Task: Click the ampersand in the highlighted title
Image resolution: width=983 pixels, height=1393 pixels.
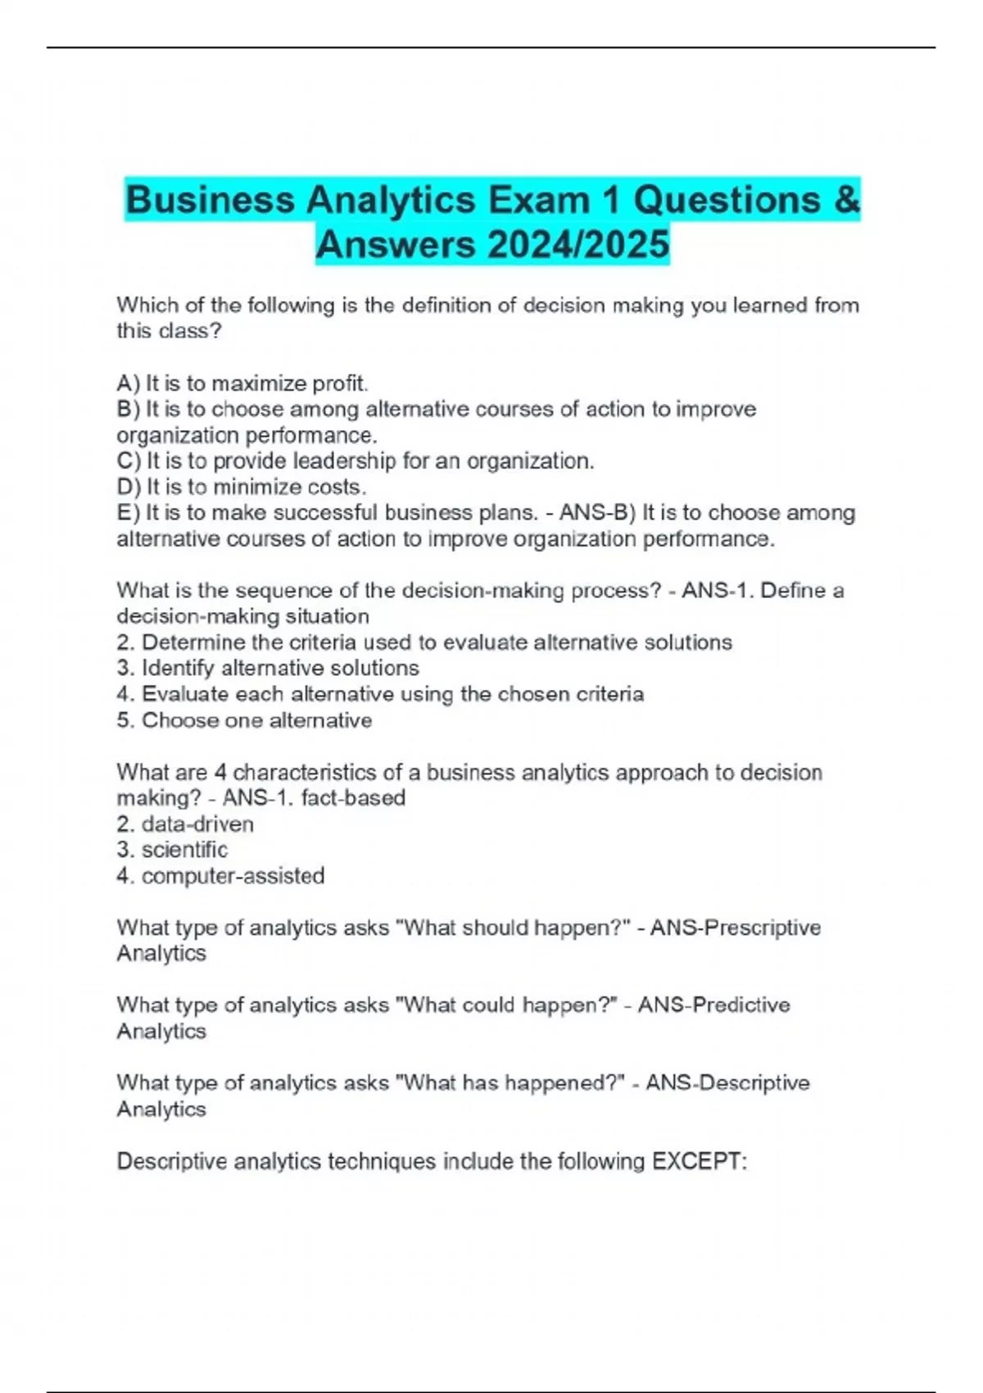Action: (847, 200)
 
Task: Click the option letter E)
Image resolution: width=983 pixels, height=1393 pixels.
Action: (129, 513)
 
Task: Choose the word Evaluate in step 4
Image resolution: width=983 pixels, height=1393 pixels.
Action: (184, 695)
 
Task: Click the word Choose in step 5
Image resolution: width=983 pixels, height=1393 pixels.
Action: (175, 721)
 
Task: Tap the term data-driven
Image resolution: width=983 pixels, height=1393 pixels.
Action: (197, 824)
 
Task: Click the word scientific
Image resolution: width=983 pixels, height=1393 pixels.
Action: (184, 850)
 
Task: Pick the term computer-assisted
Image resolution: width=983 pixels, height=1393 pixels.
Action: (233, 876)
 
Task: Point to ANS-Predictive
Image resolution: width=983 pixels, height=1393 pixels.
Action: (713, 1005)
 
